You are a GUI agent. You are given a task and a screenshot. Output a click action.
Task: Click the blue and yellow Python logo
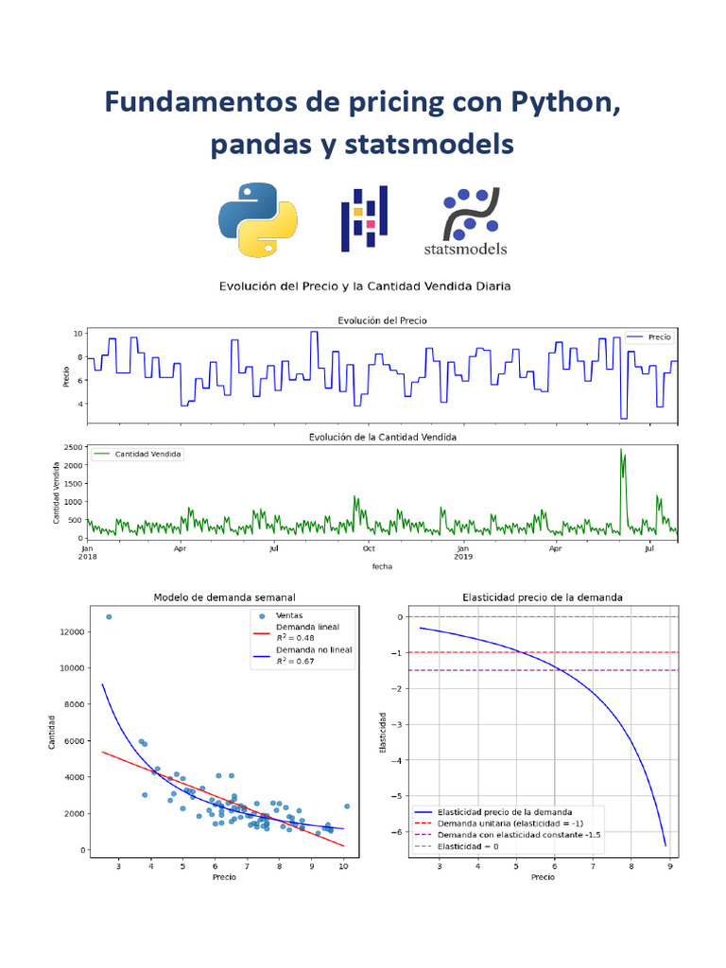[258, 219]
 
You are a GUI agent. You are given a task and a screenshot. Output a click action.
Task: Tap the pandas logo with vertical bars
[364, 219]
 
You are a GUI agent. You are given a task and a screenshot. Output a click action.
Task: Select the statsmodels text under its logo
[464, 250]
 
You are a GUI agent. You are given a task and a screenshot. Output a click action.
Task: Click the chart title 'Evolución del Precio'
[382, 321]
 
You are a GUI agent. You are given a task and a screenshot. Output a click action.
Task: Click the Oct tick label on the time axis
[369, 548]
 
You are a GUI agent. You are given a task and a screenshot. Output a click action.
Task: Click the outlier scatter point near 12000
[109, 616]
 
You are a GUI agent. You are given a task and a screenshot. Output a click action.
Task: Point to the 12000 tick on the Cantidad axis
[68, 631]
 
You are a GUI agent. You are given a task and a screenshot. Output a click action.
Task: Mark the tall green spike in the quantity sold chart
[621, 451]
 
